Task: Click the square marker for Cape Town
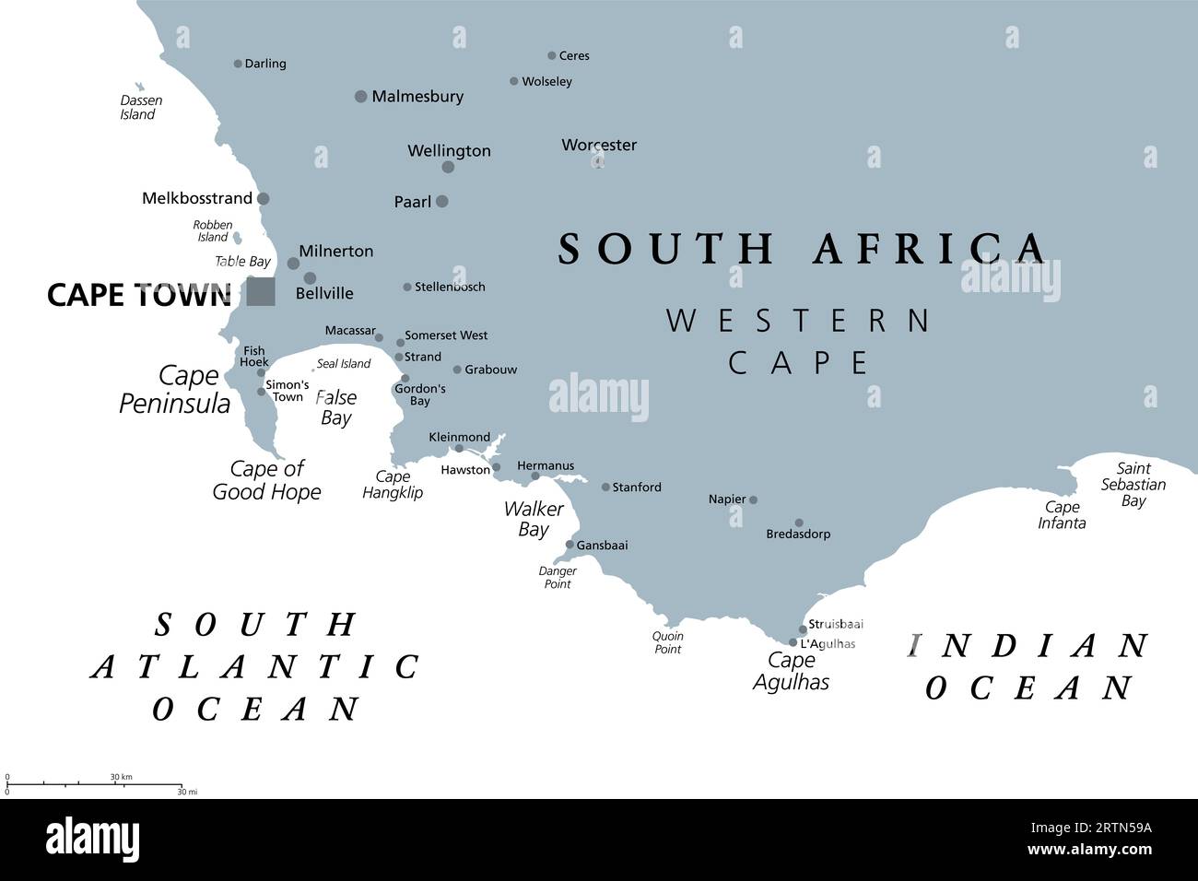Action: (261, 291)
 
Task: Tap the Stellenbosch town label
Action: (450, 287)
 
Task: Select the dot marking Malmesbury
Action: (361, 96)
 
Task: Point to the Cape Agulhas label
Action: (791, 671)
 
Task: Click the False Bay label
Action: (335, 407)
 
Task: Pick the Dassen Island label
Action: (140, 107)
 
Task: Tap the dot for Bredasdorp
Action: (799, 523)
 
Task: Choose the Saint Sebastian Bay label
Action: (1133, 485)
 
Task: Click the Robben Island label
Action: (212, 230)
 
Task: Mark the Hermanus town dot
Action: (535, 476)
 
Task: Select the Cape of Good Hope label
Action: (266, 480)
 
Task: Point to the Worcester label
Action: (599, 145)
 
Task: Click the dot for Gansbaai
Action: (570, 545)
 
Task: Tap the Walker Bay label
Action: (534, 519)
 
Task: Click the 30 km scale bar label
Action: (121, 777)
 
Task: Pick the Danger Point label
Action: (557, 578)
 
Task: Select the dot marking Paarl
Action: (442, 201)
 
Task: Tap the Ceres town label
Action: (574, 55)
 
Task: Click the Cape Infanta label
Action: (1062, 514)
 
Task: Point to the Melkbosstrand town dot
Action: (264, 198)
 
